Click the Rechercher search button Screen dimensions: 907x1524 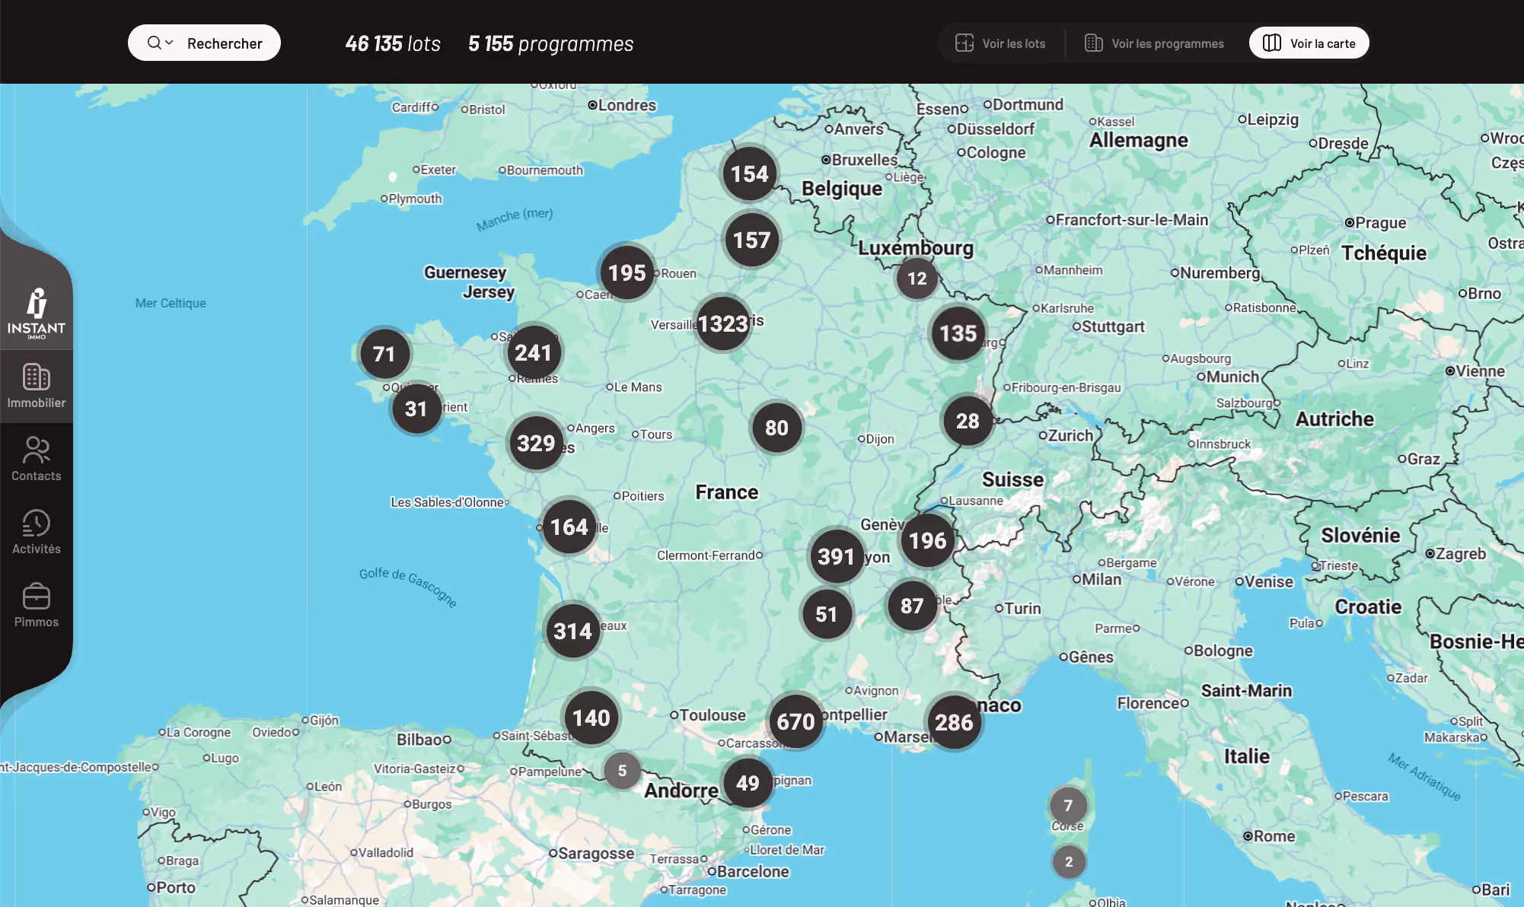tap(204, 43)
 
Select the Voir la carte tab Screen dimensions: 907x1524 tap(1309, 43)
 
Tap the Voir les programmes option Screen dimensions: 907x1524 tap(1154, 43)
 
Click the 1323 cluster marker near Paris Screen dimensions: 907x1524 tap(722, 323)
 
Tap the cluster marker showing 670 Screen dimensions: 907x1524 tap(795, 721)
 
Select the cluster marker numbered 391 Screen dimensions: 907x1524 tap(836, 556)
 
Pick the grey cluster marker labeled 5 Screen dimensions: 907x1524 tap(622, 771)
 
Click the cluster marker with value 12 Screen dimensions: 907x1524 tap(917, 278)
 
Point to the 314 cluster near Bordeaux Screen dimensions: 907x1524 tap(572, 631)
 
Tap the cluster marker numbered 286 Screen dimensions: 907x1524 tap(954, 722)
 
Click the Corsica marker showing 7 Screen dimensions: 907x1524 tap(1068, 805)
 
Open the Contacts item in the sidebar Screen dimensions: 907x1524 tap(37, 459)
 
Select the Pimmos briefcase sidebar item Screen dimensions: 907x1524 tap(37, 605)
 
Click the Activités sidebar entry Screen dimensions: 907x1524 tap(37, 532)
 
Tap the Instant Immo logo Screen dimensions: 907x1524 tap(37, 312)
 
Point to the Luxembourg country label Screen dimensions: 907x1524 tap(916, 248)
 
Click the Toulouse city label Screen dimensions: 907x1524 tap(712, 715)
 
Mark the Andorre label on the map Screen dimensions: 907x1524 tap(681, 791)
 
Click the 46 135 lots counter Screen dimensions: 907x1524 tap(393, 43)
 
